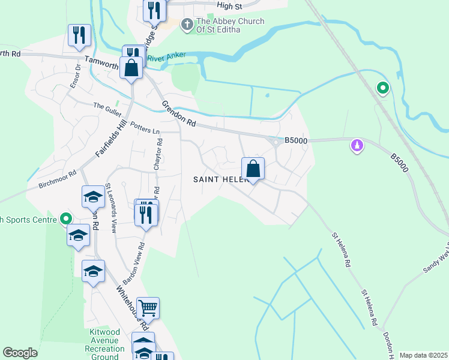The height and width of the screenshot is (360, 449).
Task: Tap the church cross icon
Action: click(x=187, y=24)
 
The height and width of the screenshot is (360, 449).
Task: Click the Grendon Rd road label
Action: click(x=178, y=114)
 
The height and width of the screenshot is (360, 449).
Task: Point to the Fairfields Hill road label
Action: click(x=115, y=137)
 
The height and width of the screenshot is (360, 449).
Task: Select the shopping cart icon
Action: click(x=148, y=308)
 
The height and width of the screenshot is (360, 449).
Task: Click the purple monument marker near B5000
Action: click(x=357, y=146)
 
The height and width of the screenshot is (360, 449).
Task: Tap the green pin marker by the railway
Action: click(x=382, y=89)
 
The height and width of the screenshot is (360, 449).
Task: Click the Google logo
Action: click(x=20, y=353)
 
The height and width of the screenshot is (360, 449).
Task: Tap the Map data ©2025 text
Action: click(x=423, y=355)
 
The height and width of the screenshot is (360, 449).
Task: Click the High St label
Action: click(x=229, y=5)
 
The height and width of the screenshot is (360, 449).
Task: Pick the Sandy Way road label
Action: click(x=436, y=259)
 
